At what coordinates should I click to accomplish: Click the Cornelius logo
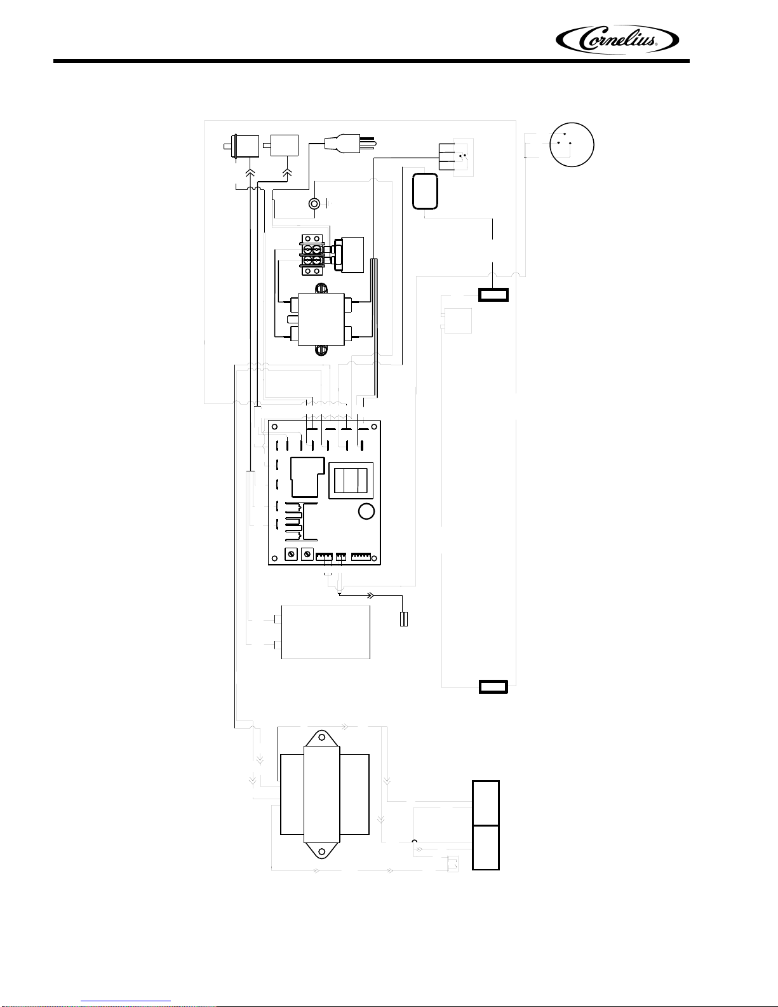tap(617, 40)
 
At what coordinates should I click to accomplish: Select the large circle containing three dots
tap(572, 145)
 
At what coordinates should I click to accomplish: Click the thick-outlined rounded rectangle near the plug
tap(425, 191)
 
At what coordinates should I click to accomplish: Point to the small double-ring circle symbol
tap(314, 203)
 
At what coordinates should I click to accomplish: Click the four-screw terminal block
tap(312, 255)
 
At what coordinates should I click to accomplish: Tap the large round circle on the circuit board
tap(366, 511)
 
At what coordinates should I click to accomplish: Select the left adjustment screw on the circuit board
tap(291, 554)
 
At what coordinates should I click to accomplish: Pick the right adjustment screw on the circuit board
tap(307, 554)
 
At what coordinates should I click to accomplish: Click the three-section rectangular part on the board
tap(351, 480)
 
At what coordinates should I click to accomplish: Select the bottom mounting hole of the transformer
tap(322, 851)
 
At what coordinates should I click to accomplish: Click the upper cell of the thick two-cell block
tap(486, 802)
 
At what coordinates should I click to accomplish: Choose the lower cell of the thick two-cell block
tap(486, 848)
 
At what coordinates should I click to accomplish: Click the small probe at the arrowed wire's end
tap(404, 619)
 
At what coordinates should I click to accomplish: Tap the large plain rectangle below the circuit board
tap(326, 632)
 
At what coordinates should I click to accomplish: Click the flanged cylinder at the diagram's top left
tap(241, 146)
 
